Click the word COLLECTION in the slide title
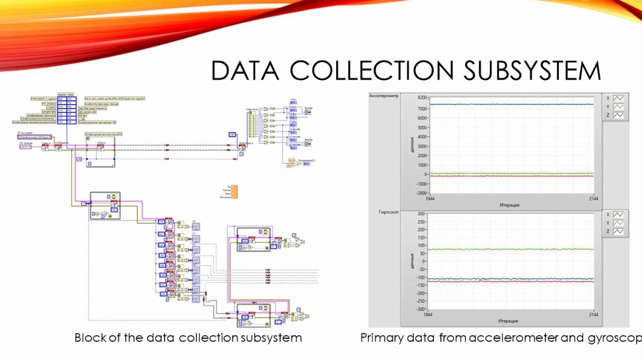tap(371, 70)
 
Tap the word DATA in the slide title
tap(245, 70)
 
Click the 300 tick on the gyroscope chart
tap(421, 214)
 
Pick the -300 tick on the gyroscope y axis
tap(420, 309)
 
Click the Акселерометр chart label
tap(384, 95)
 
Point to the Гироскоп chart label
tap(381, 210)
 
